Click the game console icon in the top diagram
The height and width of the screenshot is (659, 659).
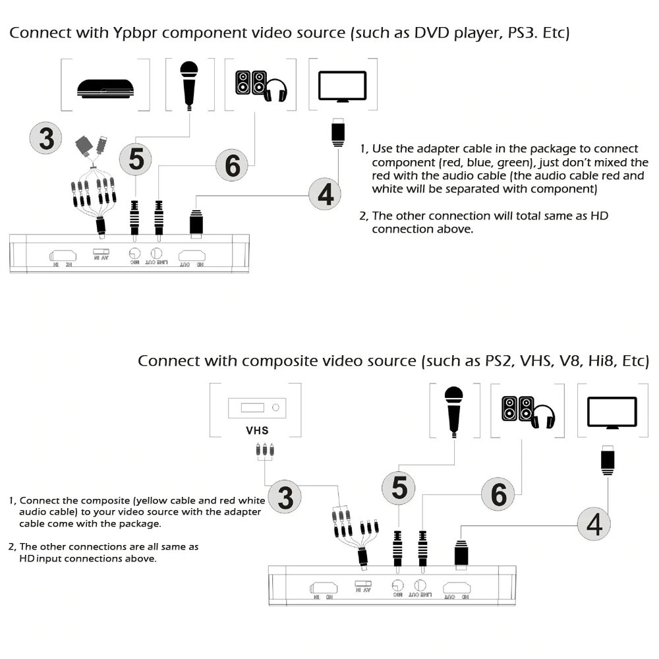coord(105,88)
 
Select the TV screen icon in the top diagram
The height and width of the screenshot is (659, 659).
coord(342,86)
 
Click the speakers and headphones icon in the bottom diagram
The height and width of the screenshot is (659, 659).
coord(528,412)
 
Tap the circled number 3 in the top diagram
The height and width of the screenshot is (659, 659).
coord(47,139)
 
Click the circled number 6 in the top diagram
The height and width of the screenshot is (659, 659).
coord(232,165)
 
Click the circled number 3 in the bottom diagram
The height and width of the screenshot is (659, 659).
coord(285,498)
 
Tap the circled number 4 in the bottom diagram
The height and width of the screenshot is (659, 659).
coord(594,525)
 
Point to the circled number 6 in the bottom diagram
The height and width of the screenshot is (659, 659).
coord(498,494)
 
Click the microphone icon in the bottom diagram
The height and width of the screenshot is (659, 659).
coord(453,409)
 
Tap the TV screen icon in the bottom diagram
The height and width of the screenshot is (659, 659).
coord(612,413)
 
